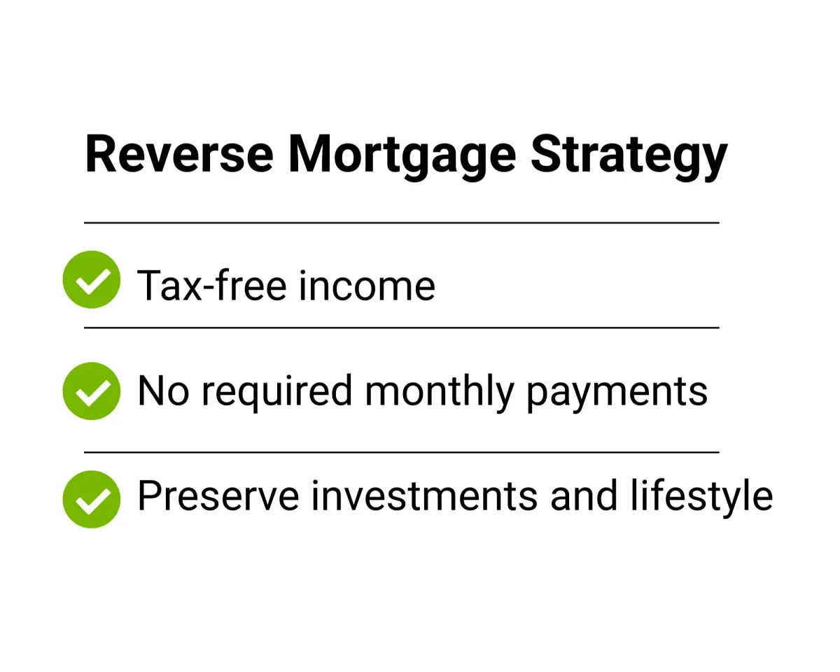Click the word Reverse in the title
179,153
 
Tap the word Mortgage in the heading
402,157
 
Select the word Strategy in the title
629,157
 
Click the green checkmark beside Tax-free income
91,279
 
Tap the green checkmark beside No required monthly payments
91,391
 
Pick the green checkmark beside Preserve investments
91,499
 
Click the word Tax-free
211,285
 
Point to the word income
367,285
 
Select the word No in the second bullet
163,391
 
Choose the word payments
617,394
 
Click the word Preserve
218,496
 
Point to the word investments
425,495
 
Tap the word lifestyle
701,498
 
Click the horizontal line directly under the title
402,223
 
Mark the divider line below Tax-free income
402,328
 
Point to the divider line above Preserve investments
402,452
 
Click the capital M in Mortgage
309,153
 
